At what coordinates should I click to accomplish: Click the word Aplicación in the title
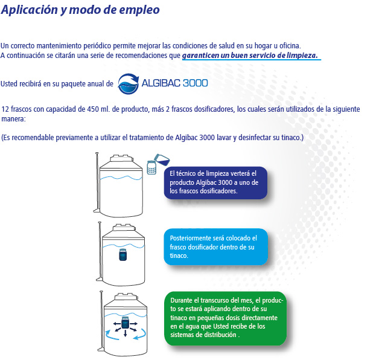(x=30, y=10)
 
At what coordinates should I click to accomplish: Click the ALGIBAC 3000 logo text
(x=174, y=83)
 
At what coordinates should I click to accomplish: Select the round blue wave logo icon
(x=129, y=84)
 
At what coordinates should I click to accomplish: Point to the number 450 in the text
(x=93, y=109)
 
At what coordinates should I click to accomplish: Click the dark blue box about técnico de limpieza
(x=215, y=182)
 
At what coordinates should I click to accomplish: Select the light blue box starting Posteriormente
(x=216, y=246)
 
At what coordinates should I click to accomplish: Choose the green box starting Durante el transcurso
(x=225, y=318)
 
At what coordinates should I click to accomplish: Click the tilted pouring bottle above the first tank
(x=162, y=159)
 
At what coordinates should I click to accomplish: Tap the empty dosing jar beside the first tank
(x=151, y=167)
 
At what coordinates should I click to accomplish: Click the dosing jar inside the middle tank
(x=123, y=255)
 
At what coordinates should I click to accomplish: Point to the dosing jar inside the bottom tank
(x=125, y=323)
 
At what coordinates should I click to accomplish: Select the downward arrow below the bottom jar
(x=126, y=333)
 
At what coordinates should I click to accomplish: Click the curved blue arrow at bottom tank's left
(x=111, y=336)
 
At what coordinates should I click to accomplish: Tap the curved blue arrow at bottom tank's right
(x=141, y=335)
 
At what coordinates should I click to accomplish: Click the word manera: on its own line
(x=13, y=119)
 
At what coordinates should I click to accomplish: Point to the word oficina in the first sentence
(x=290, y=46)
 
